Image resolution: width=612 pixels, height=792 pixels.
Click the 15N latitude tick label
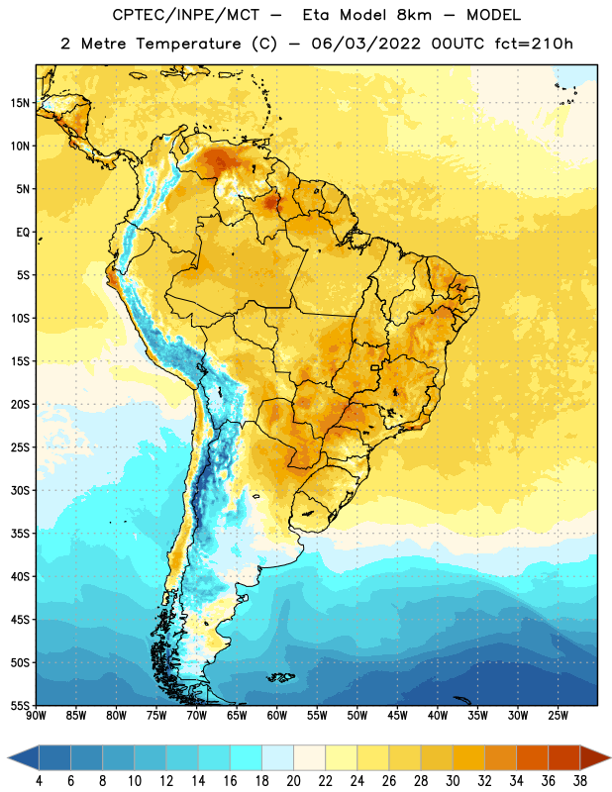(20, 103)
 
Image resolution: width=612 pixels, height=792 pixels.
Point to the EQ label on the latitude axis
(23, 233)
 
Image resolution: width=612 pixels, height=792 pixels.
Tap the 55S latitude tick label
(20, 705)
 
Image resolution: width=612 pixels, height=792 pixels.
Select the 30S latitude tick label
(20, 490)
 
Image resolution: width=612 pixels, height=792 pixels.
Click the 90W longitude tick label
(36, 716)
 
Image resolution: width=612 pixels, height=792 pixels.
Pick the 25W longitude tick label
(558, 716)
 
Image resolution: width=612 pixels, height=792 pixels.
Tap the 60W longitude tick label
(277, 716)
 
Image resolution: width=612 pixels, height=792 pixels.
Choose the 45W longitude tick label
(397, 716)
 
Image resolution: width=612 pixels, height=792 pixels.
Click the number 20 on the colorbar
(293, 781)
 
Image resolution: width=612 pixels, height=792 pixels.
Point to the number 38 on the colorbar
(580, 781)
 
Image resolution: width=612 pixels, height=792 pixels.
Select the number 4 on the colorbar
(39, 781)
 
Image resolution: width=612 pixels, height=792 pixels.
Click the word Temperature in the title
(188, 44)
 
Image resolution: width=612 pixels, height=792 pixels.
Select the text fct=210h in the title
(534, 44)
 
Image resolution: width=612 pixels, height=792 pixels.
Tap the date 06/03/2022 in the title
(365, 44)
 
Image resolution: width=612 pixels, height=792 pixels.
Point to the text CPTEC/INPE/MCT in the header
(186, 15)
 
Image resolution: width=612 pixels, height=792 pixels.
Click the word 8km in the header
(414, 15)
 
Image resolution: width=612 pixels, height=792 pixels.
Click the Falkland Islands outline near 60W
(280, 677)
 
